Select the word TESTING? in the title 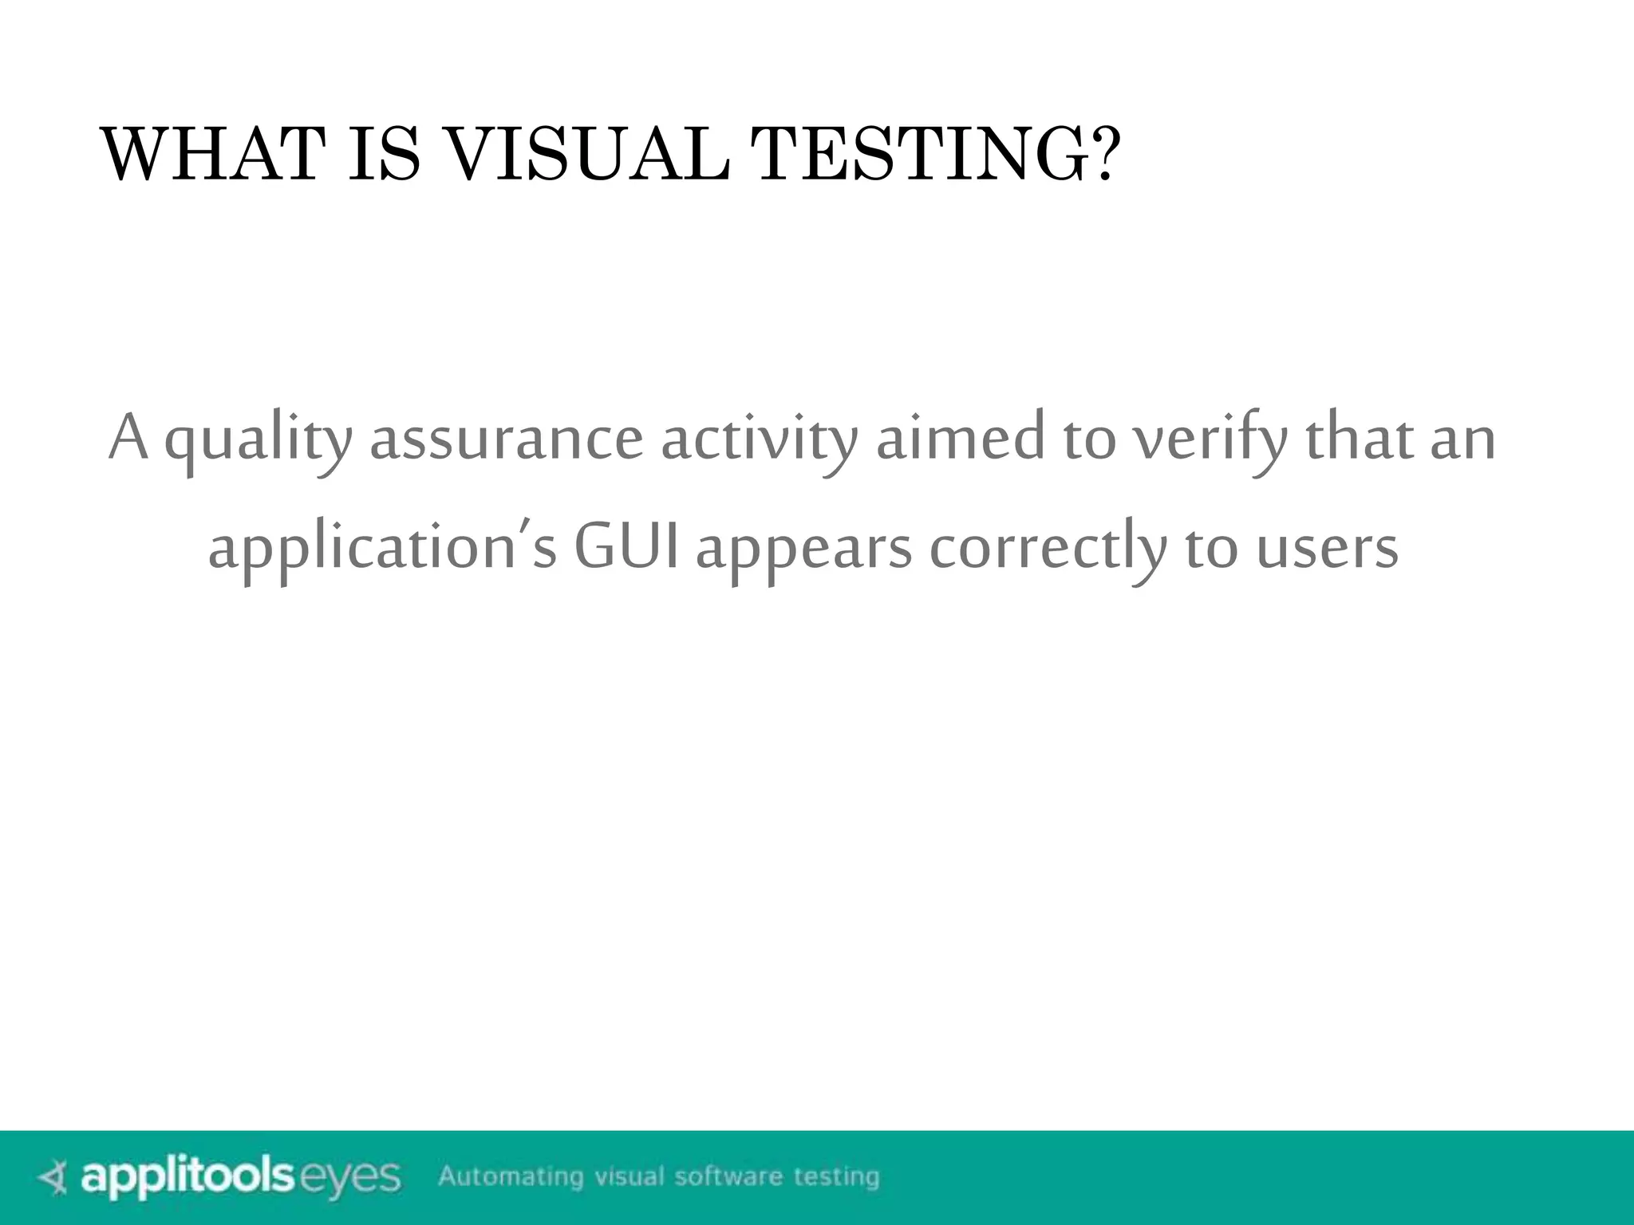coord(937,155)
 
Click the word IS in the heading coord(384,155)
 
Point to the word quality coord(258,440)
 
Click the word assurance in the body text coord(506,440)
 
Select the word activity coord(759,440)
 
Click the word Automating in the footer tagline coord(511,1177)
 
